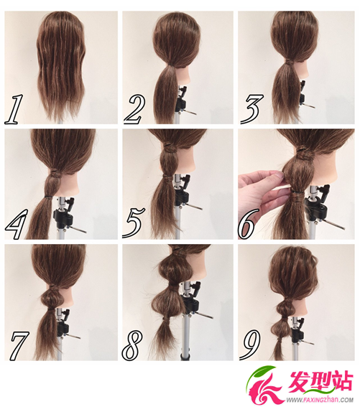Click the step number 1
14,109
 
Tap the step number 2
134,110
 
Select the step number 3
251,109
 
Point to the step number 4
16,224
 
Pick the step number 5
134,223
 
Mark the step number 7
19,345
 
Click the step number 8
132,345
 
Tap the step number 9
250,345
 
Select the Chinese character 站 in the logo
341,380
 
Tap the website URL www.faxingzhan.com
320,400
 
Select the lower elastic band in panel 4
48,197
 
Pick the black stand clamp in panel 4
63,214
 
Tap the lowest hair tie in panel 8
165,319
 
